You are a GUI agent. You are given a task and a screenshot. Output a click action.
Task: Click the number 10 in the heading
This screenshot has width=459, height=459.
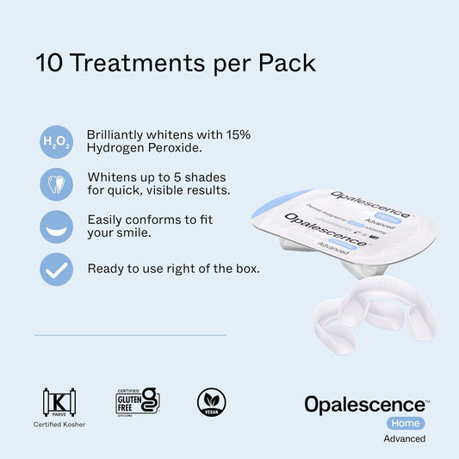47,63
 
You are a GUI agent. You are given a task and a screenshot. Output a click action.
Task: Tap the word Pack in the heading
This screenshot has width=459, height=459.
287,63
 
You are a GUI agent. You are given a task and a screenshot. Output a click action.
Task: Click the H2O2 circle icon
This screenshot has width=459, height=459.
57,142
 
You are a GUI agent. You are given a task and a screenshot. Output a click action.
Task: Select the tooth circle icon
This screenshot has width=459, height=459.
57,183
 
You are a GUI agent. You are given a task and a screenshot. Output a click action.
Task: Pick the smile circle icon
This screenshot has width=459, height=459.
57,226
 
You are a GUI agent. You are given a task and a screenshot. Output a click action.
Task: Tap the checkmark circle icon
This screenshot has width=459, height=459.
57,269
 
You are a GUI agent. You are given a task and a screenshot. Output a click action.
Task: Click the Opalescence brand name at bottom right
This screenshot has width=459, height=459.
365,404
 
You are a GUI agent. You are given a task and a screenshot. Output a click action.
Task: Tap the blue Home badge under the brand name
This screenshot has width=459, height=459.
404,422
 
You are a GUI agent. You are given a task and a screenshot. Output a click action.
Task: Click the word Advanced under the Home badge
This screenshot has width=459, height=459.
404,438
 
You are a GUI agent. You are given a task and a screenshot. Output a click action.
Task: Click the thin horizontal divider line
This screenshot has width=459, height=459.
129,335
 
